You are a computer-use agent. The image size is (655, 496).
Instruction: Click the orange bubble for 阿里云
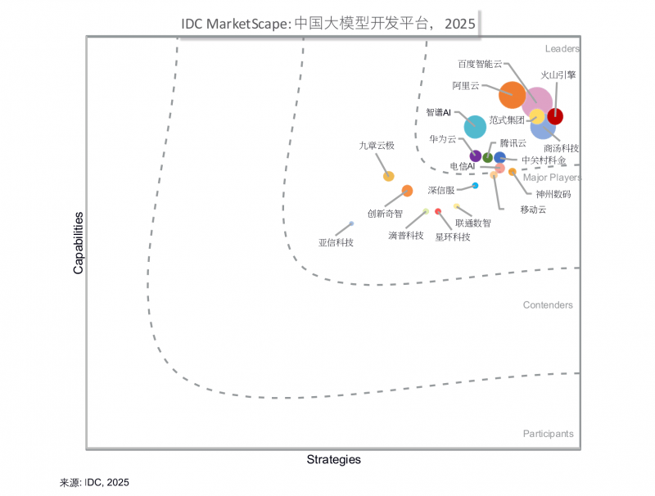(512, 95)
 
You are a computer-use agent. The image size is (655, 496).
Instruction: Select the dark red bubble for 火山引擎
(555, 115)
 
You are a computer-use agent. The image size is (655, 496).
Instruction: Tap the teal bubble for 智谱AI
(475, 126)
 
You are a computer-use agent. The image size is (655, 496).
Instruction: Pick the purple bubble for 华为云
(475, 156)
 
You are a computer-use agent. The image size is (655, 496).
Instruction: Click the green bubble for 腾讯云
(488, 157)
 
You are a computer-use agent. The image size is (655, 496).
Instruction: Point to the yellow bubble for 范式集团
(537, 116)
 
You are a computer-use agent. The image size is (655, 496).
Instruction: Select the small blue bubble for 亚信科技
(351, 223)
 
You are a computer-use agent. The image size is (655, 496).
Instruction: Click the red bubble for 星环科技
(438, 211)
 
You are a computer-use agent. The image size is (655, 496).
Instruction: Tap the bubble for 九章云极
(389, 176)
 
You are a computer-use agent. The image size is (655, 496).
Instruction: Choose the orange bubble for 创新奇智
(407, 191)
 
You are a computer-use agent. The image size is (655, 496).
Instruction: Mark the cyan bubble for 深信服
(475, 186)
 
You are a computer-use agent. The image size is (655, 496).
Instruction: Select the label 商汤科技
(561, 148)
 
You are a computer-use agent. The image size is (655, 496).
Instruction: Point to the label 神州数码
(553, 194)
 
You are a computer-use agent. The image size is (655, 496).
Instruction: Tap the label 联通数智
(473, 222)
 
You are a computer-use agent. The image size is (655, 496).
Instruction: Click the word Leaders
(562, 49)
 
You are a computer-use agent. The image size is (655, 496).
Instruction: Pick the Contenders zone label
(548, 305)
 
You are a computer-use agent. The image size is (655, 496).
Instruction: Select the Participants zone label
(548, 434)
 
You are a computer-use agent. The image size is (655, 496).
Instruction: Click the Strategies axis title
(333, 460)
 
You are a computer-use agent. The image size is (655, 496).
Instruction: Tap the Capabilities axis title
(79, 243)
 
